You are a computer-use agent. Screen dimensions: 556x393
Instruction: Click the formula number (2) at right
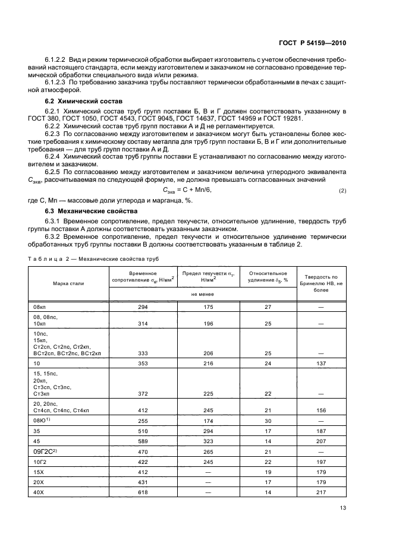point(342,190)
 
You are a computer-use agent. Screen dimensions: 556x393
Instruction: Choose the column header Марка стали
point(68,283)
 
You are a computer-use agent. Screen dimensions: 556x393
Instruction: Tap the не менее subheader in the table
point(203,293)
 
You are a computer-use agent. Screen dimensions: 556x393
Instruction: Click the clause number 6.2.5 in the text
point(55,171)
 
